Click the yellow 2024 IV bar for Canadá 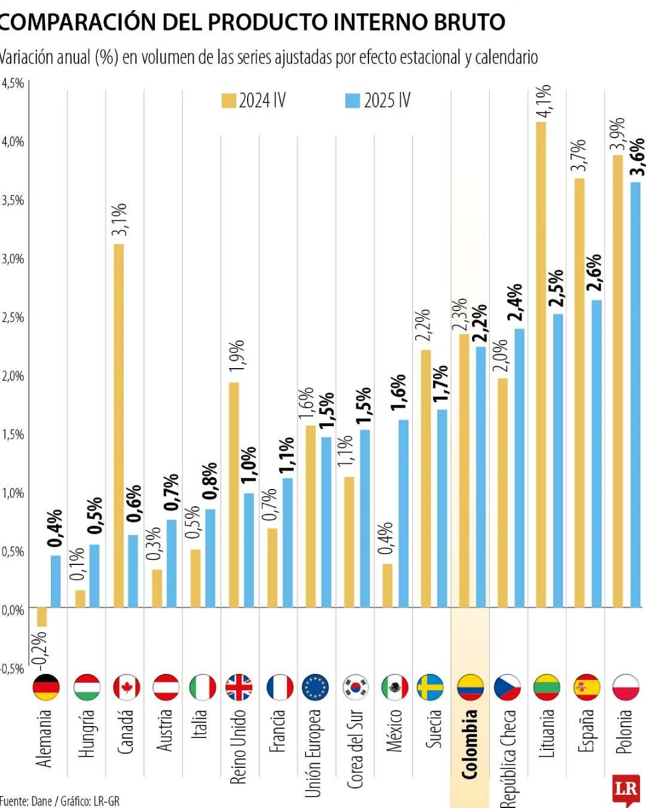click(x=118, y=425)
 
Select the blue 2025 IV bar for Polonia click(x=635, y=395)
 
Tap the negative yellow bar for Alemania click(x=42, y=617)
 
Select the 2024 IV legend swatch click(x=228, y=101)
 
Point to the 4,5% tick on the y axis click(x=13, y=83)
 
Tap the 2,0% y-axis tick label click(x=13, y=376)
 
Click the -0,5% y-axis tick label click(x=13, y=669)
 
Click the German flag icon click(x=46, y=687)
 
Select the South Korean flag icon click(x=356, y=687)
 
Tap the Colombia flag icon click(x=470, y=687)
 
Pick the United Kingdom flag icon click(x=239, y=687)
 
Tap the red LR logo click(x=626, y=789)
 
